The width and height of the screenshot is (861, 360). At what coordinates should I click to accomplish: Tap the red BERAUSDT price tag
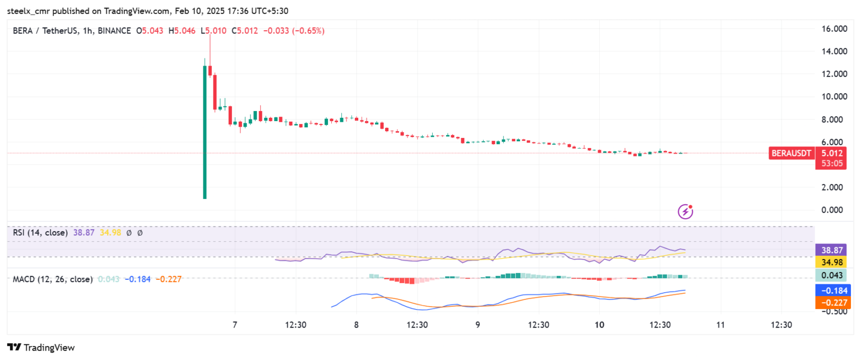(791, 153)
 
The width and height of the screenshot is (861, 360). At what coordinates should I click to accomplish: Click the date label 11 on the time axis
(721, 325)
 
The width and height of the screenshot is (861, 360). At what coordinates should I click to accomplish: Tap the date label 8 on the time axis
(357, 325)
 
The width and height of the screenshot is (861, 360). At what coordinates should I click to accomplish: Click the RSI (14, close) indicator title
(40, 232)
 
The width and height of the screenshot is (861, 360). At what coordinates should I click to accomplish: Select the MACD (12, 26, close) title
(53, 279)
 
